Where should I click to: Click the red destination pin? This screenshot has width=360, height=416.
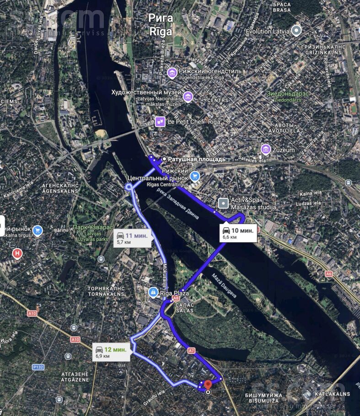(x=208, y=385)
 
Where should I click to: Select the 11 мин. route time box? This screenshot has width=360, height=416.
(x=132, y=238)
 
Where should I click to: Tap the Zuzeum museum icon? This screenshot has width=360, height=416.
(x=265, y=149)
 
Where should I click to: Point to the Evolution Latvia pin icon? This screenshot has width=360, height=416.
(x=296, y=31)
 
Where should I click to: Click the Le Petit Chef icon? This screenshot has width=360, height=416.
(x=160, y=122)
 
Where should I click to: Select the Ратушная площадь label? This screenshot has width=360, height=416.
(x=196, y=159)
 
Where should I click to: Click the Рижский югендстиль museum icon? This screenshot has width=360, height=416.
(x=172, y=72)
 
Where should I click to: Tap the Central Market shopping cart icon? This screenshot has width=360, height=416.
(x=195, y=176)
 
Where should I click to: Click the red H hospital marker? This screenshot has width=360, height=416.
(x=17, y=253)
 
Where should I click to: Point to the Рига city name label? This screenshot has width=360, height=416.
(x=161, y=18)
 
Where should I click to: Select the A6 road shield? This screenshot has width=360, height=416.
(x=328, y=273)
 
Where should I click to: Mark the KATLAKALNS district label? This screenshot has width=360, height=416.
(x=332, y=394)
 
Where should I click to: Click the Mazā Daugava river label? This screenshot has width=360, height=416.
(x=224, y=286)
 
